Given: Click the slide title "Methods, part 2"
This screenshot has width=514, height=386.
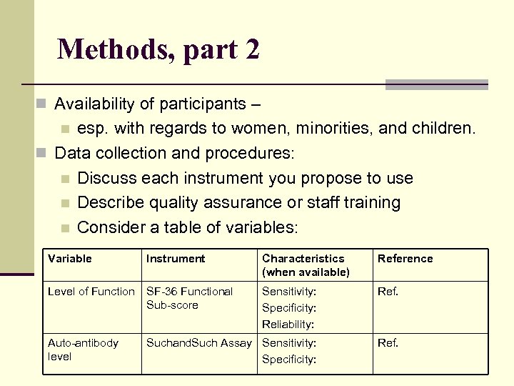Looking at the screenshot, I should (158, 50).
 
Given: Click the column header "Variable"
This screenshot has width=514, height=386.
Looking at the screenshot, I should (69, 259).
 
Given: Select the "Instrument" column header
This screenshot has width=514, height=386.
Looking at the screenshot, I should (175, 259).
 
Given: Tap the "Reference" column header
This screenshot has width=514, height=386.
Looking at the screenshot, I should (405, 259).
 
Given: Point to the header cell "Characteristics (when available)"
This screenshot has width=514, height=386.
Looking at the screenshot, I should (306, 265).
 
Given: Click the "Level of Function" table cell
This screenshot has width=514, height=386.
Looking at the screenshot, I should (91, 292).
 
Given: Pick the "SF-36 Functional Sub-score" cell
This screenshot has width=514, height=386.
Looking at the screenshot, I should (189, 298).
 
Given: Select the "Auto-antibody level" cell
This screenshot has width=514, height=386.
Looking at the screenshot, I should (83, 350).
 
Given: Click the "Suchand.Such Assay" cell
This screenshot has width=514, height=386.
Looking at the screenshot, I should (198, 343).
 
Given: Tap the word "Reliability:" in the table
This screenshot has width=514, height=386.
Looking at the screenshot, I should (288, 325).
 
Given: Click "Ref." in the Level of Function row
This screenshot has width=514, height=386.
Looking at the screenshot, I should (388, 292).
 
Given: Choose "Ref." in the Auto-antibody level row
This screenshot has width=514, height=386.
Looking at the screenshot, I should (388, 343).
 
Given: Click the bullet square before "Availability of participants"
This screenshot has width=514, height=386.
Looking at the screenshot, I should (41, 104).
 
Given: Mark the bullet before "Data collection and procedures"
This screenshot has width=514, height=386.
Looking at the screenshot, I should (41, 154).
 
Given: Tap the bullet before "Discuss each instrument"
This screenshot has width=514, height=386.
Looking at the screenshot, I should (65, 179).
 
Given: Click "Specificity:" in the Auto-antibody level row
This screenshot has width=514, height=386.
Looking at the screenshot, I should (288, 360).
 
